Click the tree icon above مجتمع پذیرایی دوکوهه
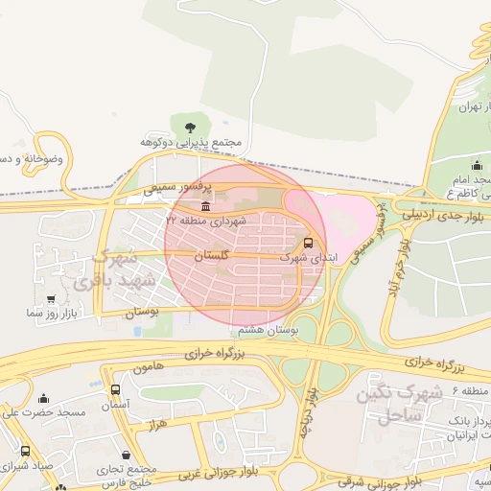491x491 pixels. [x=189, y=125]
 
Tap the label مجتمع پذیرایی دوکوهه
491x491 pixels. [x=190, y=142]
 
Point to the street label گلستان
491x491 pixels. [x=213, y=257]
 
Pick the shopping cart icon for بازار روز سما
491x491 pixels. [x=37, y=299]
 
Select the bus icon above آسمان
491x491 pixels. [x=116, y=390]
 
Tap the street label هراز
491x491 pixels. [x=158, y=422]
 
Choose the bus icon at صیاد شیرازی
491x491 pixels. [x=25, y=451]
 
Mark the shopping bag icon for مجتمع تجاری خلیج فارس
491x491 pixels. [x=128, y=455]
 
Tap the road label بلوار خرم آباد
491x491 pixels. [x=397, y=268]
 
